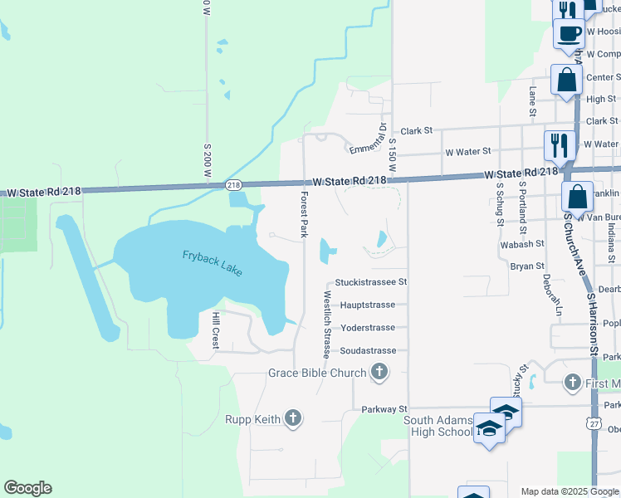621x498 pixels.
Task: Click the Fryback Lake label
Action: tap(213, 263)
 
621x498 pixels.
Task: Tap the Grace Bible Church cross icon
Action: tap(379, 372)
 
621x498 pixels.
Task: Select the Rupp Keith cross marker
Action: tap(292, 418)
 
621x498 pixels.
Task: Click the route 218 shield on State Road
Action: tap(233, 185)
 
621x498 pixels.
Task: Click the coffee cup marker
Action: tap(569, 34)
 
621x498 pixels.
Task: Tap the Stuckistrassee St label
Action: tap(370, 282)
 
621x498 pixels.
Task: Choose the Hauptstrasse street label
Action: tap(367, 305)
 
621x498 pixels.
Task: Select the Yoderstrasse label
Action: tap(368, 327)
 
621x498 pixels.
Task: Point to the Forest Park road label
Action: tap(305, 214)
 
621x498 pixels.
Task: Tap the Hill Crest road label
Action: tap(214, 330)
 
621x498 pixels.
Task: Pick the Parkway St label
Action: tap(384, 409)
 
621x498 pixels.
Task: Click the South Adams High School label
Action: tap(438, 426)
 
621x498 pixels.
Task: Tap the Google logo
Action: tap(27, 488)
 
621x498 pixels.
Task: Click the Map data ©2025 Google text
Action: tap(569, 491)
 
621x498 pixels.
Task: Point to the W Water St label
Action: tap(468, 152)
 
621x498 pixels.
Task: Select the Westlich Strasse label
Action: tap(328, 324)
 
